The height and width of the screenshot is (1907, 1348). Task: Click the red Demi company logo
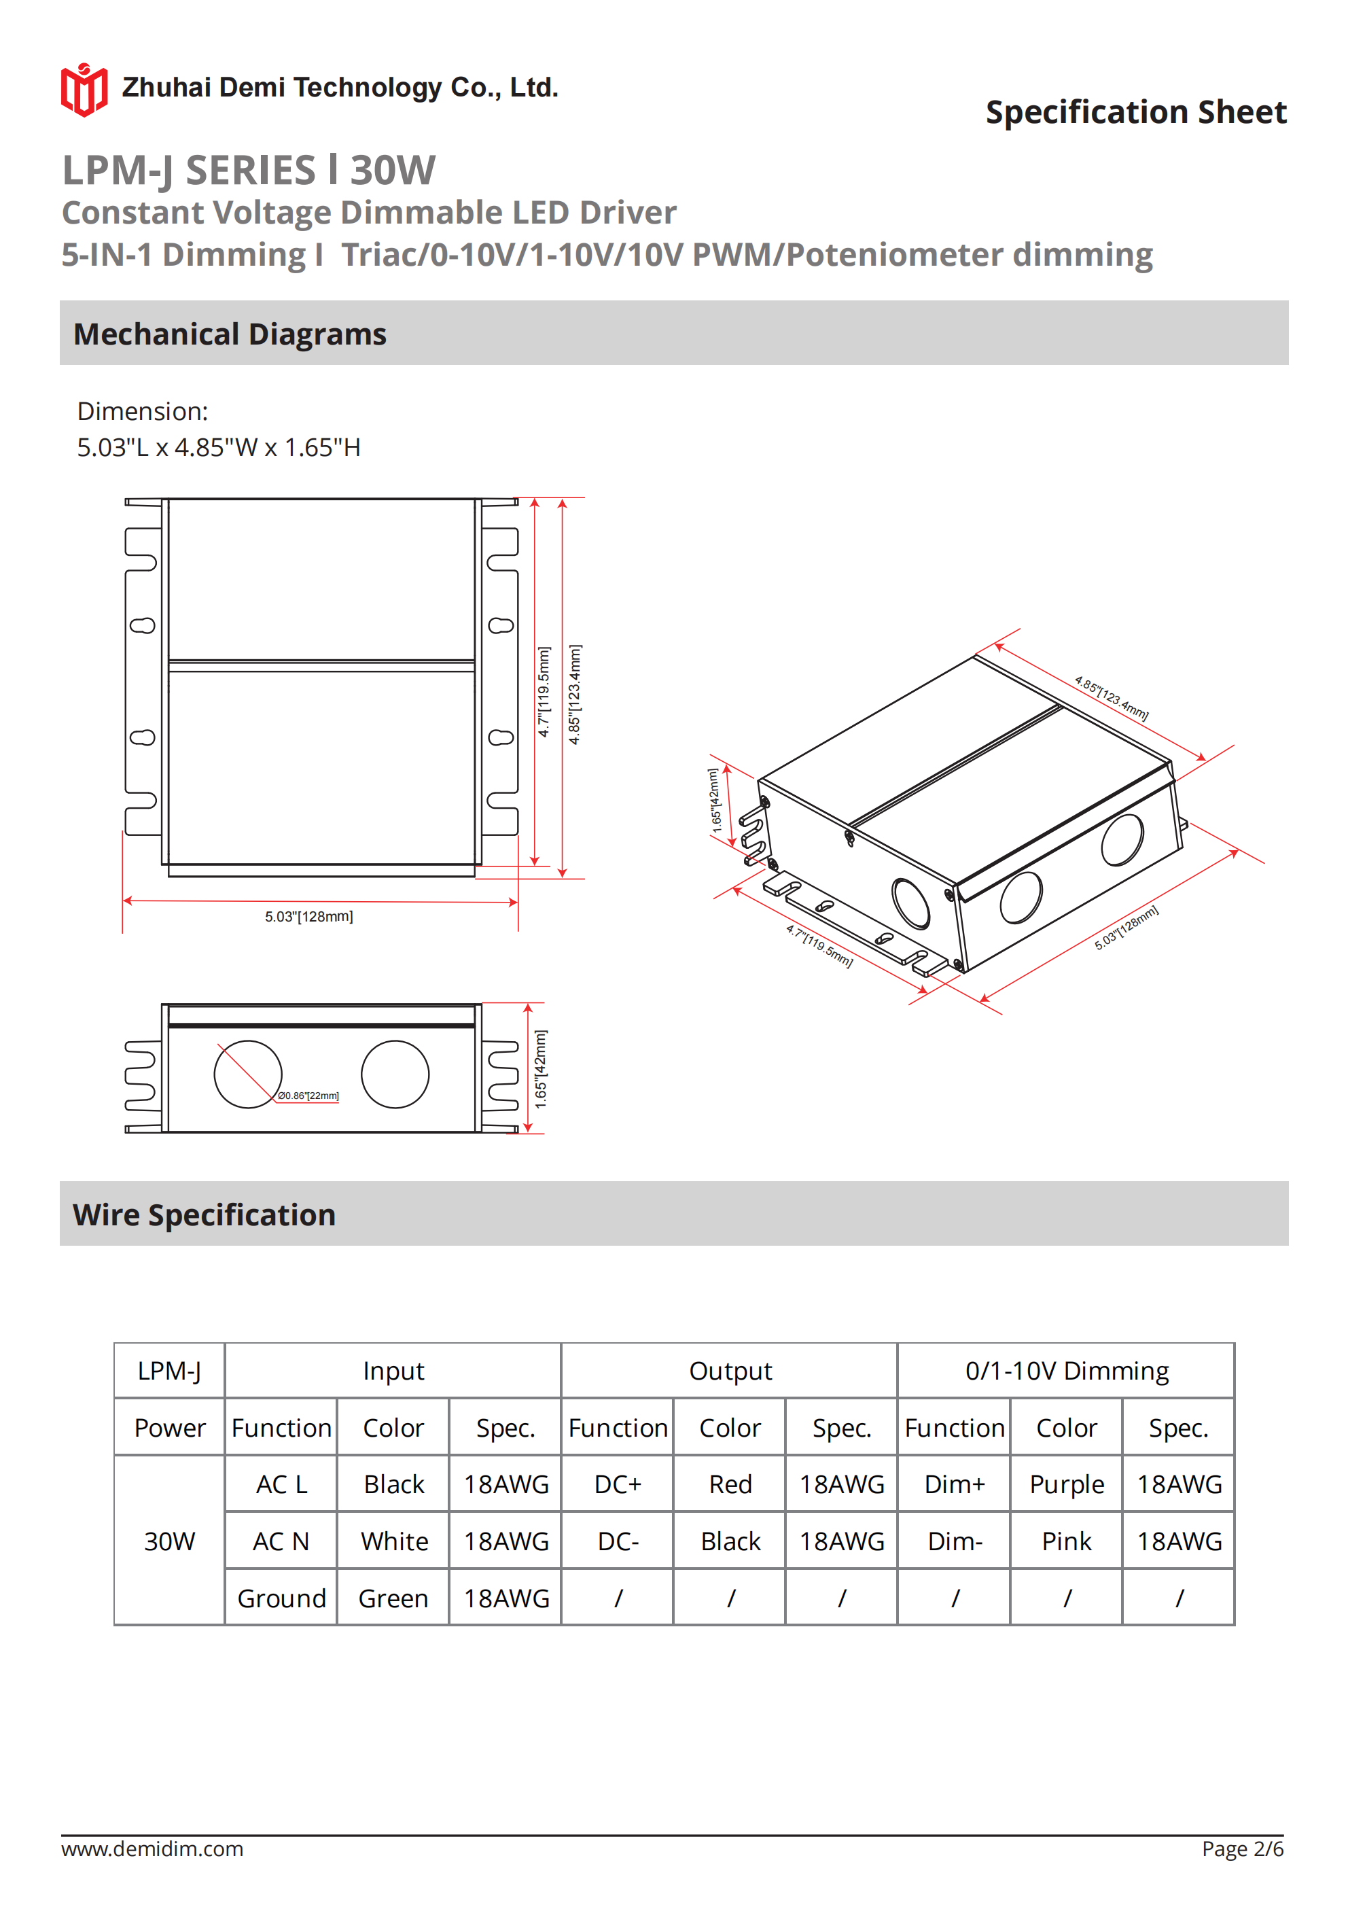[x=84, y=90]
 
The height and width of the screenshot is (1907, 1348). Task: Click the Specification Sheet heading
[x=1135, y=112]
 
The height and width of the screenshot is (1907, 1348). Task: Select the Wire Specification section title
[x=205, y=1214]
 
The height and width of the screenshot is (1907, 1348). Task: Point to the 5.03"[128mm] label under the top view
[x=309, y=916]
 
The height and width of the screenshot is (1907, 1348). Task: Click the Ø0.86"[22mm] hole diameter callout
[x=308, y=1096]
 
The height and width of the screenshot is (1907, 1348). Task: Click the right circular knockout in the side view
[x=395, y=1074]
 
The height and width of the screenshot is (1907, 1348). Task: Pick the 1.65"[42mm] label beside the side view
[x=541, y=1069]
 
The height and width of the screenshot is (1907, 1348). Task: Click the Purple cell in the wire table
[x=1067, y=1484]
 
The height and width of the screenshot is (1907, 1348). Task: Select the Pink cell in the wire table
[x=1067, y=1541]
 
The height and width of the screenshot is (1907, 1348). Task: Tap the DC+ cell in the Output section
[x=617, y=1484]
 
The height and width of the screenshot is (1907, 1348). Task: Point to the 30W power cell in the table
[x=169, y=1541]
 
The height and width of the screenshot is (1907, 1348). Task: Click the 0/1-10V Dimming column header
[x=1067, y=1371]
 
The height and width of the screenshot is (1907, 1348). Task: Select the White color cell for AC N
[x=393, y=1541]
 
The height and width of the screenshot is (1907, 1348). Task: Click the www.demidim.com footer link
[x=152, y=1849]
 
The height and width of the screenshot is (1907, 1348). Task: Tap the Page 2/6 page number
[x=1242, y=1849]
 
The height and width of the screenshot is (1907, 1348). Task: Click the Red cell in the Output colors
[x=730, y=1484]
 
